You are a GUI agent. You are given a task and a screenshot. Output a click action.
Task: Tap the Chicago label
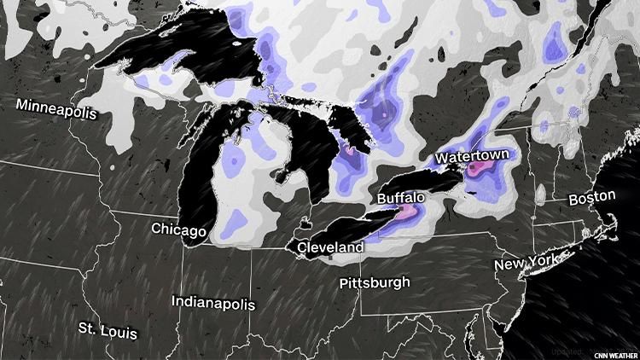pos(179,229)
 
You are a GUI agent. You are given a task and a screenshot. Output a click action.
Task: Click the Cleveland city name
pos(330,247)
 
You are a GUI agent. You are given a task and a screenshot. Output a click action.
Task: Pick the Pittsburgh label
pos(374,282)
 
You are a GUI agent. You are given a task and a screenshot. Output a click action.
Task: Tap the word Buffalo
pos(400,198)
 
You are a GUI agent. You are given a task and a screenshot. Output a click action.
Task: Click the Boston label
pos(591,197)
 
